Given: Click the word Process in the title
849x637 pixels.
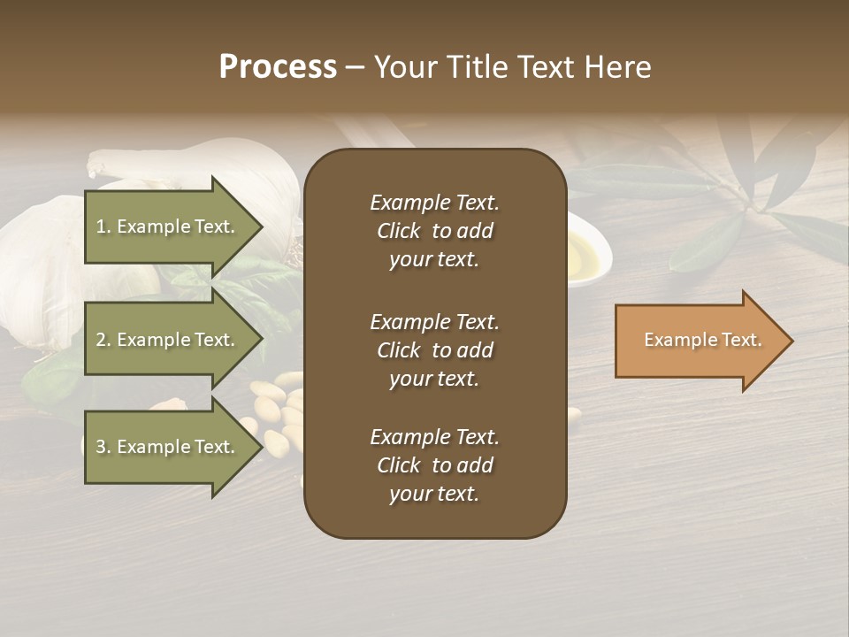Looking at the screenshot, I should click(278, 67).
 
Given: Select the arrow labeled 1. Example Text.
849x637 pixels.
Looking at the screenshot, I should click(168, 226).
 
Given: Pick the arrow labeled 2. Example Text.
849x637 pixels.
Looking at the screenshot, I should click(168, 340).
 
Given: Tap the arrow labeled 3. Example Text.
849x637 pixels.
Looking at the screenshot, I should click(168, 447).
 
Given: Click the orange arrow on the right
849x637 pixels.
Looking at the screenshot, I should click(699, 341).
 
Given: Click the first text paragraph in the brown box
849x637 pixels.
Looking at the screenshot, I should click(434, 231).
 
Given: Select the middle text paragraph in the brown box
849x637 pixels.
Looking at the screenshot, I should click(434, 350).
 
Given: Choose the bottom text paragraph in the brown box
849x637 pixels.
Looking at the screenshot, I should click(434, 465).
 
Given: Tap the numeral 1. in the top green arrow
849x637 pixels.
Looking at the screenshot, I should click(103, 226).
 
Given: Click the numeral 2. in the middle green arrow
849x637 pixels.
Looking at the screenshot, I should click(103, 340).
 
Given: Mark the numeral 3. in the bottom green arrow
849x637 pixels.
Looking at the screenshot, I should click(103, 447).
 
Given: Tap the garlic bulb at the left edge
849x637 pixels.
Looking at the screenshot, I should click(35, 265).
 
